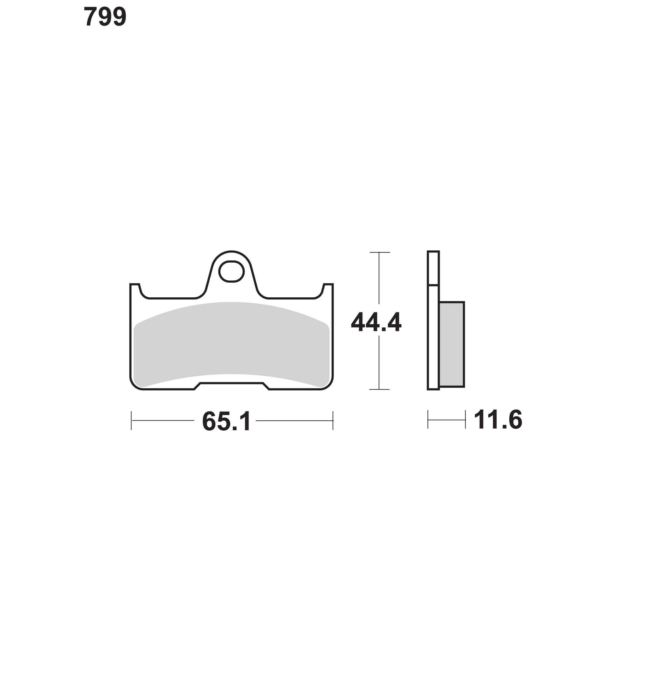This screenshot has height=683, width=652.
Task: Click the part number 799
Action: coord(105,17)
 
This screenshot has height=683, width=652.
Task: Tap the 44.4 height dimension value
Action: coord(376,322)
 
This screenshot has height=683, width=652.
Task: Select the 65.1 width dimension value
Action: coord(226,421)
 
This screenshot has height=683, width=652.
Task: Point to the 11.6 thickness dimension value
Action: coord(498,419)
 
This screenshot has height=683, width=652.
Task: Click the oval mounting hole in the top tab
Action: coord(231,271)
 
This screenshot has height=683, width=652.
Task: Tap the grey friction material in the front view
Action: coord(231,344)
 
